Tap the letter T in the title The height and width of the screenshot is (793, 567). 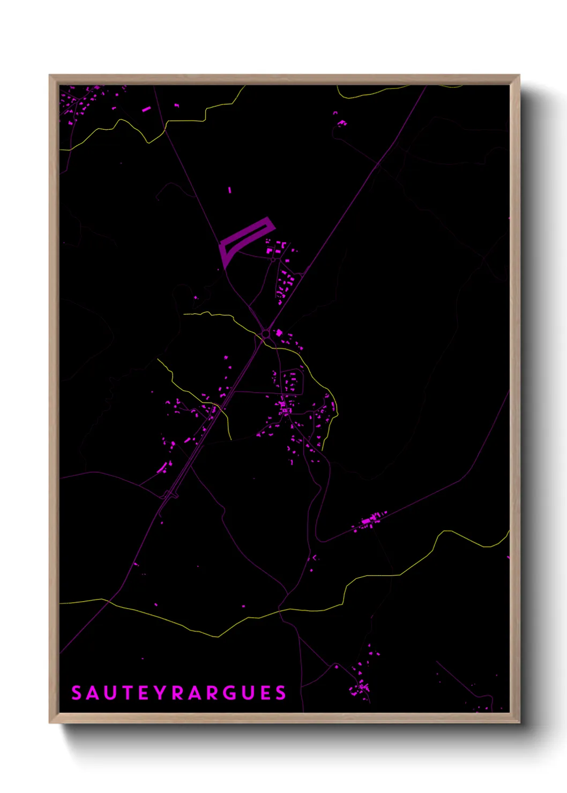127,693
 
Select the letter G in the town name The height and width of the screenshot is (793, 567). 228,693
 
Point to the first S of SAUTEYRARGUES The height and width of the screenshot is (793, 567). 76,693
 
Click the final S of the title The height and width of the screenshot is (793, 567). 281,693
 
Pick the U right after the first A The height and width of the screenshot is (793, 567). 110,693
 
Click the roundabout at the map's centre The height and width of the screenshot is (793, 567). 266,334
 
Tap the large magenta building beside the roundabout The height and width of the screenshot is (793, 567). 279,333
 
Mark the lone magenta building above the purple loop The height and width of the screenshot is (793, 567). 230,190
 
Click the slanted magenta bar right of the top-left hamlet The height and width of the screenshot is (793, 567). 146,109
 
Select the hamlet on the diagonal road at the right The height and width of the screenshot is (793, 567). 370,520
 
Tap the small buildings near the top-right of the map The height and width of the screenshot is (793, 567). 341,122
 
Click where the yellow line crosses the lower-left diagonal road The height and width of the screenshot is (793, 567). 109,601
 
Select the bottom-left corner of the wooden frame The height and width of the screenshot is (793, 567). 50,722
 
